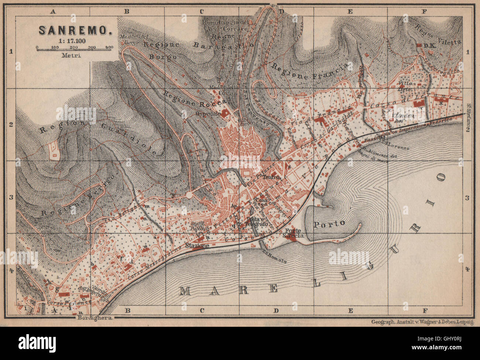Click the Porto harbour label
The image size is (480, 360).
pos(329,223)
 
